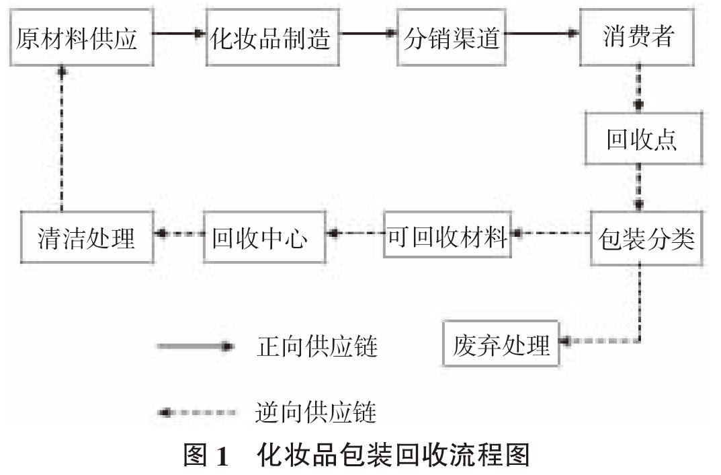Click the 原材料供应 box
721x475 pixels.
[x=77, y=38]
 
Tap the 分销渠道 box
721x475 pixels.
[x=452, y=38]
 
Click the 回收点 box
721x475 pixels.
[x=643, y=140]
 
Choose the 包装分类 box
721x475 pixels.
[x=646, y=239]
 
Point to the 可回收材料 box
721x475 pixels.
[x=447, y=235]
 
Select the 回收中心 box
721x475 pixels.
[x=265, y=238]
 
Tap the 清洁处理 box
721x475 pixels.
[x=87, y=238]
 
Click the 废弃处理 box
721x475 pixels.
[x=501, y=344]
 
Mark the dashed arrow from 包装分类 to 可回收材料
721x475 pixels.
[x=551, y=233]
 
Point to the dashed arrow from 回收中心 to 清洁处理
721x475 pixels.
[x=178, y=233]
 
